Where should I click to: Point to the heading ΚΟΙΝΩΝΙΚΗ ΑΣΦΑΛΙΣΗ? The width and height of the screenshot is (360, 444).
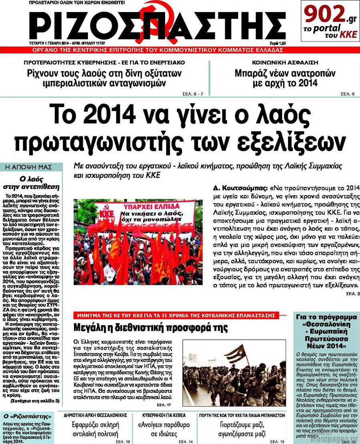(285, 63)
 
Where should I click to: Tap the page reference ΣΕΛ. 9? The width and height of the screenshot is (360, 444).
(347, 94)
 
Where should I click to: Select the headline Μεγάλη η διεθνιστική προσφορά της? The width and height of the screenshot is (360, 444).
(151, 328)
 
